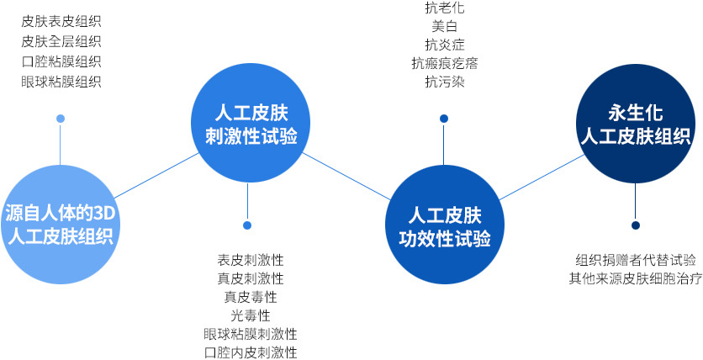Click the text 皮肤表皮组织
pos(61,21)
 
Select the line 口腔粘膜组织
pos(61,61)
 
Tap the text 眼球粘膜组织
pos(61,82)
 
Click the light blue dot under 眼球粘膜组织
pos(61,119)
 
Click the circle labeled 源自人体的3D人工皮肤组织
pos(60,224)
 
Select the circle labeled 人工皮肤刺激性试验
pos(251,123)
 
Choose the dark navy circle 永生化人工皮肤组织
pos(635,124)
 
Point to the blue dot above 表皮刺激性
pos(247,225)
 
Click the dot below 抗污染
pos(444,119)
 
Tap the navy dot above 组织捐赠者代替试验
pos(635,225)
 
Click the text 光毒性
pos(251,315)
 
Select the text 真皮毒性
pos(251,297)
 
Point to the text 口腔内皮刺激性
pos(251,352)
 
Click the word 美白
pos(445,26)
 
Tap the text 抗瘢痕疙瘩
pos(445,64)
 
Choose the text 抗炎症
pos(445,45)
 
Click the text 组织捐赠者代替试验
pos(635,260)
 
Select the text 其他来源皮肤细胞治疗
pos(635,279)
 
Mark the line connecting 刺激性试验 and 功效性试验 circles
pos(346,176)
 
